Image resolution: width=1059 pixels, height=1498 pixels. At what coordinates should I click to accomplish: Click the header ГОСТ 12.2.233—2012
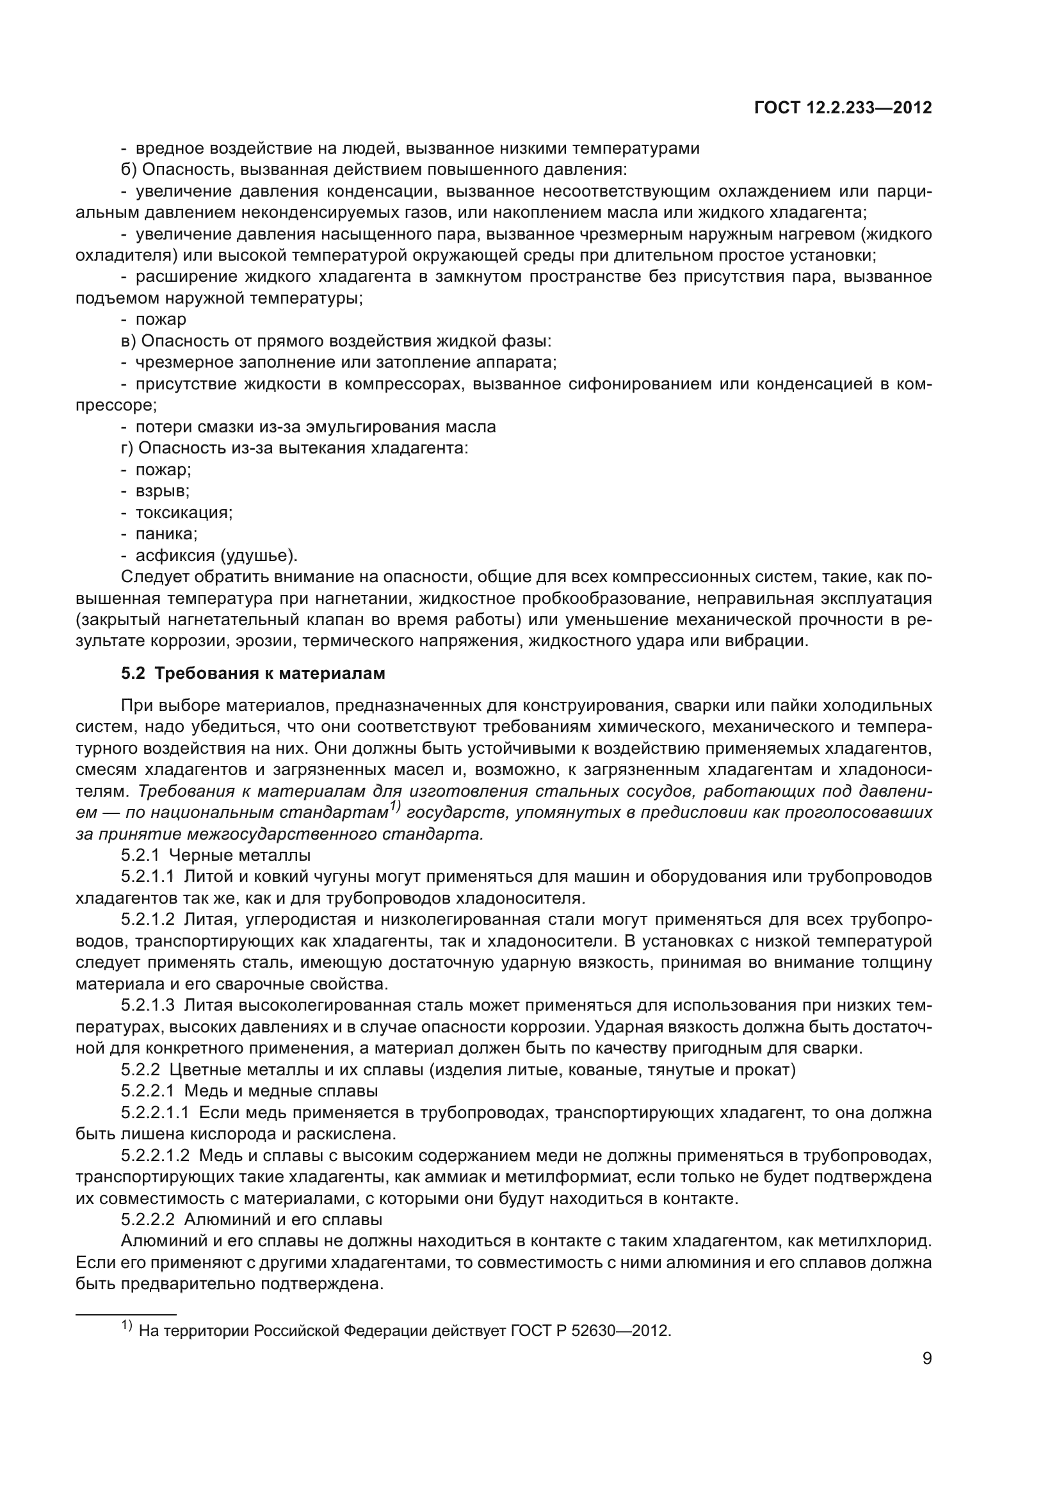[843, 108]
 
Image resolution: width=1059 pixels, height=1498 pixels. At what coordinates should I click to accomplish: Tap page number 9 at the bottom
[926, 1359]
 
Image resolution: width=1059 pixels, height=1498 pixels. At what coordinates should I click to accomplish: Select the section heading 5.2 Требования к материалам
[253, 673]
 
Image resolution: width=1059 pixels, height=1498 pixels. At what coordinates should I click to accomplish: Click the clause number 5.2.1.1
[147, 875]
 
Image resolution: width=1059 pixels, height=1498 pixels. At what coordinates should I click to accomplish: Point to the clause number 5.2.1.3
[147, 1005]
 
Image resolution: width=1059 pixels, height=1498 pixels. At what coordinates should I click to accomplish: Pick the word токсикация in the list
[183, 512]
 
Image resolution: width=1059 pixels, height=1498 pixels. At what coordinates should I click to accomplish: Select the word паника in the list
[166, 533]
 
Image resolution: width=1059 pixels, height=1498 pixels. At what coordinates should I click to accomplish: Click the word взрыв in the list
[162, 491]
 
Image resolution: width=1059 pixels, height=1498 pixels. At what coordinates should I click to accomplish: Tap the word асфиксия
[174, 556]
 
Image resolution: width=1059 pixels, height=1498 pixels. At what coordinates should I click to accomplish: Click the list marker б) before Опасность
[129, 170]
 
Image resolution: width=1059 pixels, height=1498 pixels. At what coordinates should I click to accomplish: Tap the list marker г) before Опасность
[128, 448]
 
